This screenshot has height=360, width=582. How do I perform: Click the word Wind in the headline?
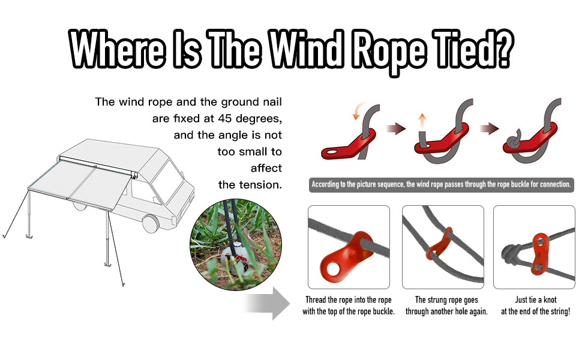pos(306,49)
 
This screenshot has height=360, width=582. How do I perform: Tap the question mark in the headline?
pos(503,49)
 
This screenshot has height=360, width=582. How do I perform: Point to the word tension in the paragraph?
pos(260,184)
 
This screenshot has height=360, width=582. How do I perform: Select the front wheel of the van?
pos(151,223)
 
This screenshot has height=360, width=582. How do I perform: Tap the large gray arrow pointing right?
pos(267,303)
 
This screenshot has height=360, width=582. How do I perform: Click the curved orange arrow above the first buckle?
pos(357,110)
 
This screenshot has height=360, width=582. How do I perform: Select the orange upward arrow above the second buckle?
pos(422,121)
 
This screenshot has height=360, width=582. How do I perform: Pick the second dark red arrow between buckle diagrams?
pos(489,128)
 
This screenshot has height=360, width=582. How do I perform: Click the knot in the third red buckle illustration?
pos(514,143)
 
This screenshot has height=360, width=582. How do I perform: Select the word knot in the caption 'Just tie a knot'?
pos(550,299)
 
